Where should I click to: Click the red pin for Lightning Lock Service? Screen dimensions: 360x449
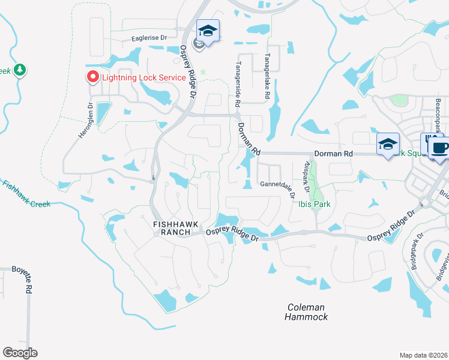[x=92, y=77]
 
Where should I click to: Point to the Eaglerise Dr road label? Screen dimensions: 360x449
[x=152, y=38]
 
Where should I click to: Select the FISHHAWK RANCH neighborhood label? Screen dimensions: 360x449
[x=176, y=227]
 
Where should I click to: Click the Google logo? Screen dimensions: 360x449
[x=20, y=353]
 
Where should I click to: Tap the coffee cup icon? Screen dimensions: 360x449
[x=438, y=148]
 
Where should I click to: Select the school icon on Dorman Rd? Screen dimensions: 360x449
[x=388, y=144]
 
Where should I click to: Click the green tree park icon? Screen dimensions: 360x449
[x=20, y=70]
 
